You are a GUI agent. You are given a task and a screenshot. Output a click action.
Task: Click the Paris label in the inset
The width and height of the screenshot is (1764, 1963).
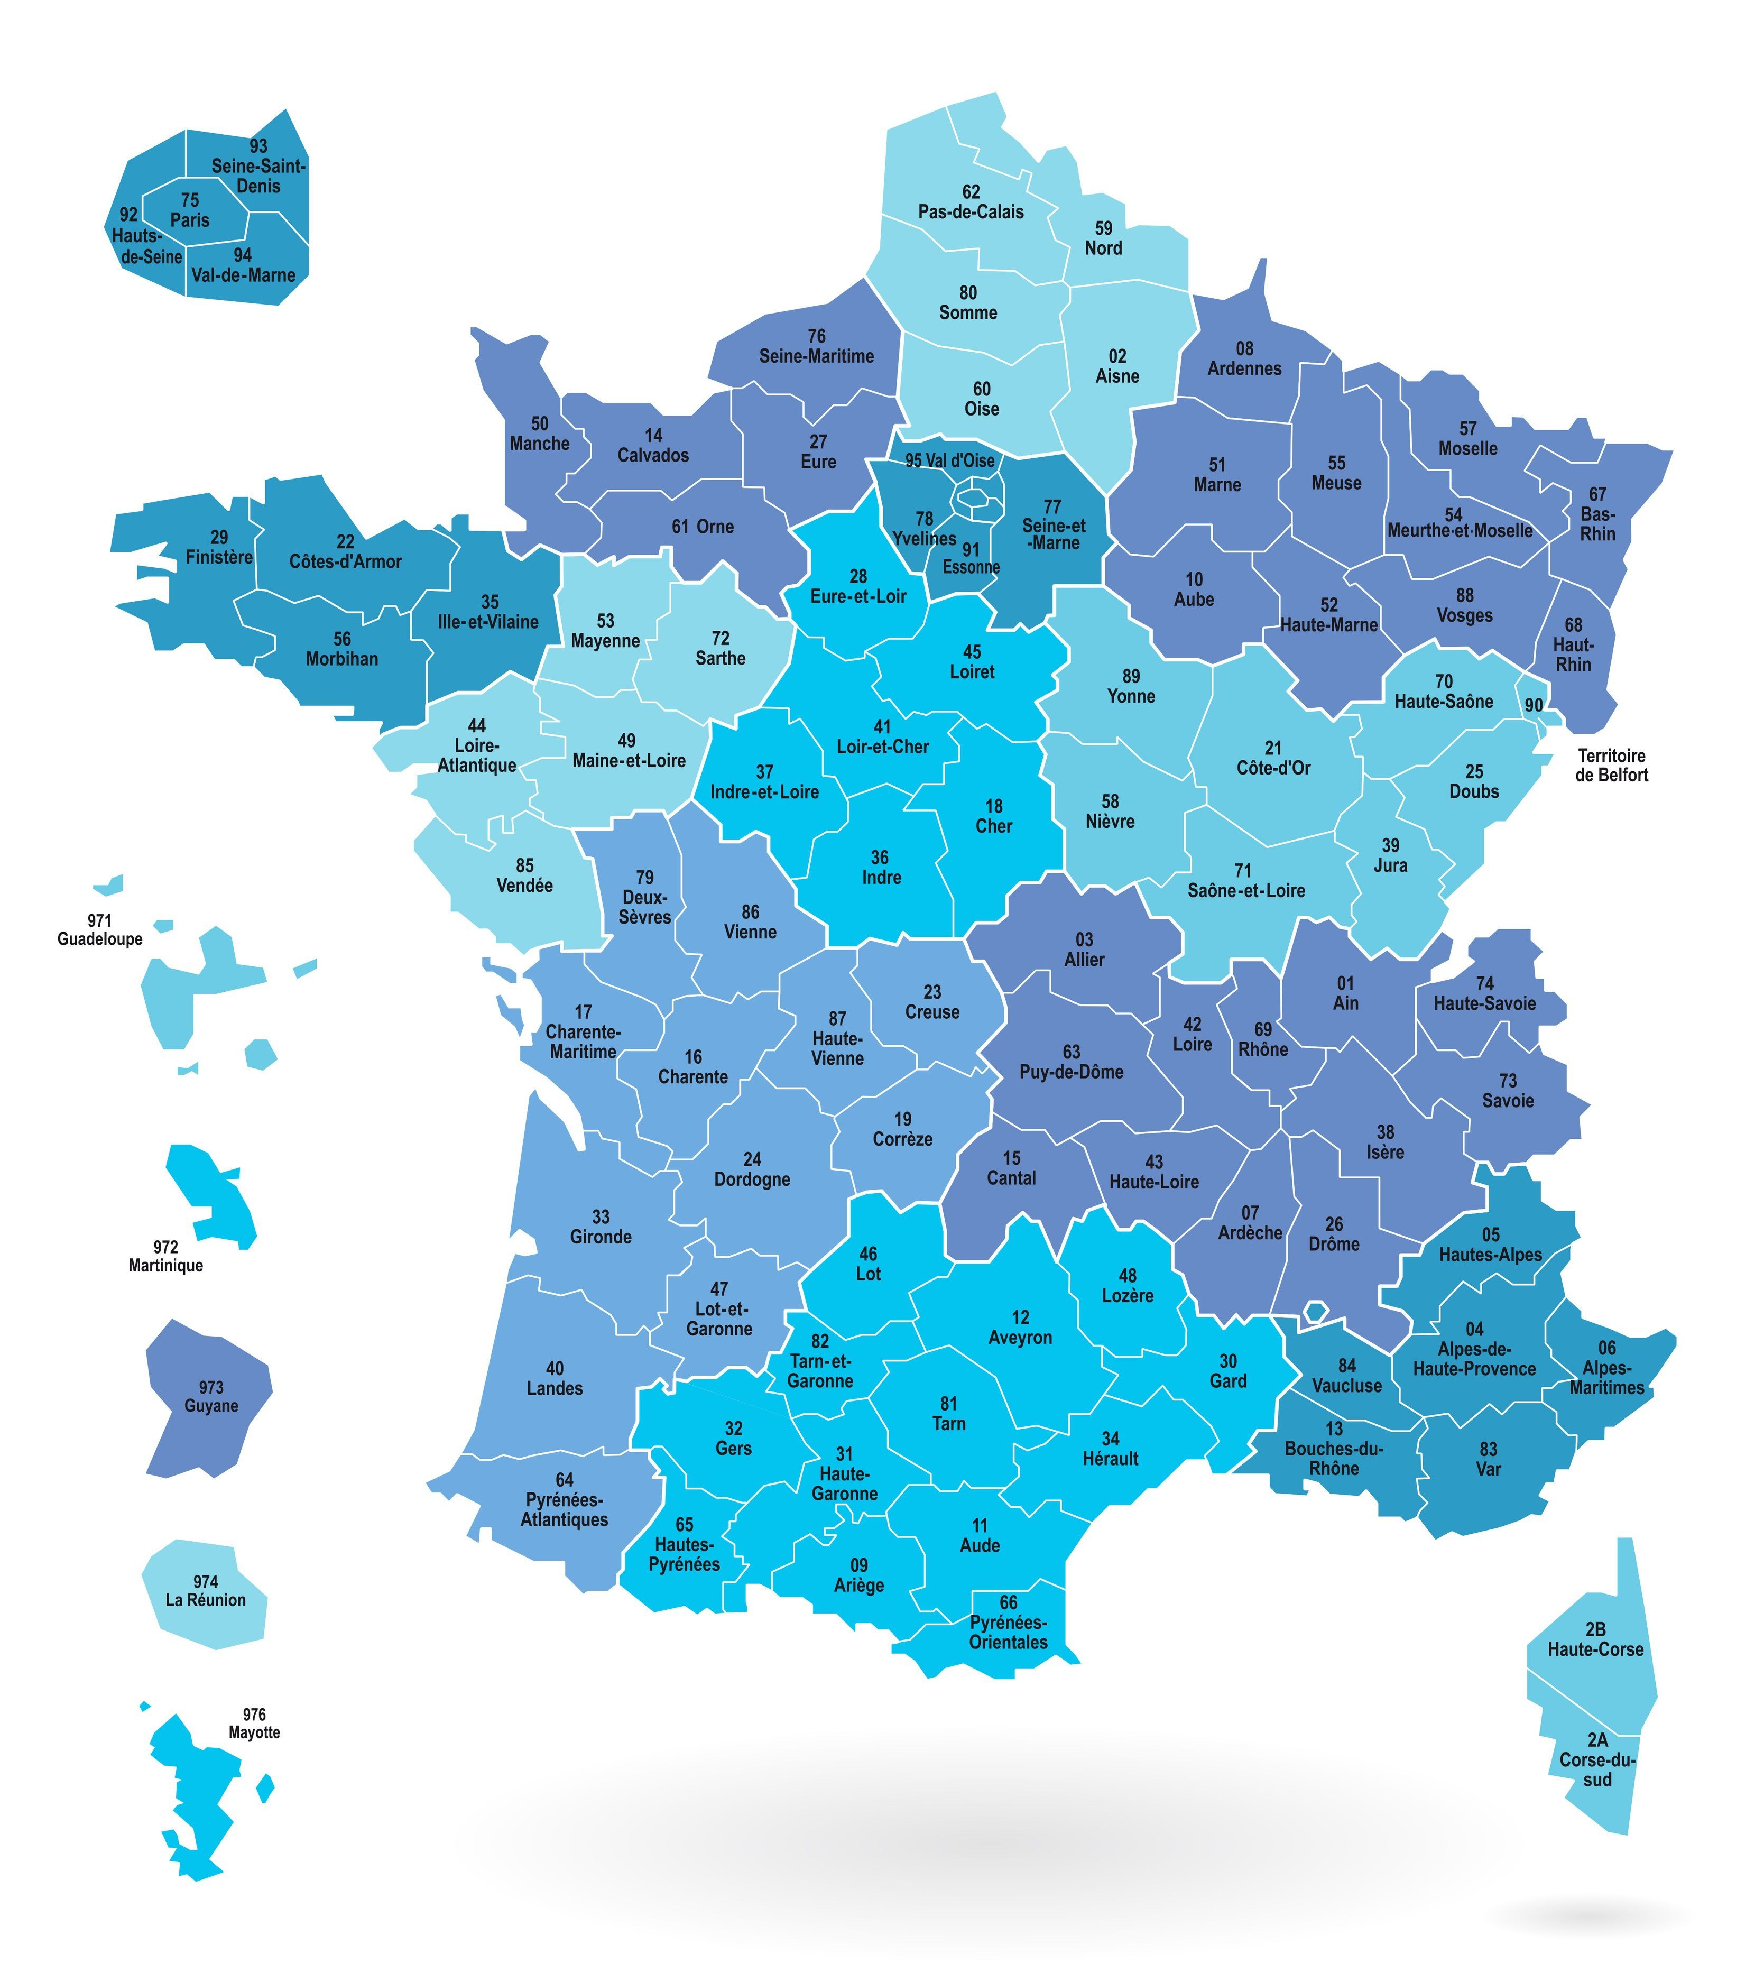(190, 220)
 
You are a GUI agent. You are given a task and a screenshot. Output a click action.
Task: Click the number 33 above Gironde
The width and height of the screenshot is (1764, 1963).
(601, 1216)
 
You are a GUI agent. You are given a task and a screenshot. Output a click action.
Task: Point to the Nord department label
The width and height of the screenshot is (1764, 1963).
(1103, 248)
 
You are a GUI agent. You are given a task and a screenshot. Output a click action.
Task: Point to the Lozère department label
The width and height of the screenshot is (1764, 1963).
(1127, 1295)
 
